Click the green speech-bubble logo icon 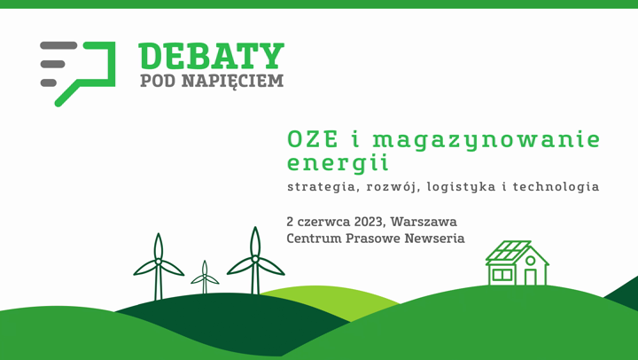(x=80, y=71)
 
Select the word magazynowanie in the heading (x=486, y=140)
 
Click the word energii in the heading (x=338, y=163)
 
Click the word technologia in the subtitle (x=556, y=187)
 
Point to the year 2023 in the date (x=364, y=221)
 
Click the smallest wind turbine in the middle (x=205, y=278)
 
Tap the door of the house (x=530, y=277)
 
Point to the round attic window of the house (x=530, y=261)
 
